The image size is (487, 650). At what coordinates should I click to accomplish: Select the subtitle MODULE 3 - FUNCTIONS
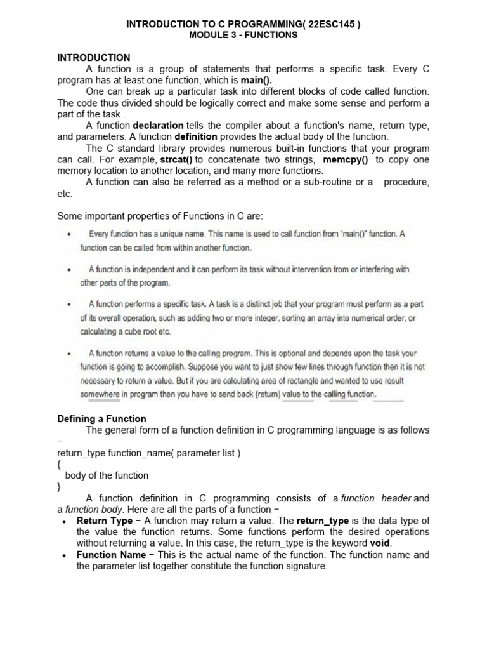point(243,35)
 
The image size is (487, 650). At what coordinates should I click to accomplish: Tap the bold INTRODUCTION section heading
point(94,58)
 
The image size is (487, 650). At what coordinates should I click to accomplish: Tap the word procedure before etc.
point(406,182)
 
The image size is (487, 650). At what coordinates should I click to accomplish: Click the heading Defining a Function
point(101,419)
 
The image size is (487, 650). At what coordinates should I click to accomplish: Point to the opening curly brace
point(59,465)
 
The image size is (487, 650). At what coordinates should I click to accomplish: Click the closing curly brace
point(59,487)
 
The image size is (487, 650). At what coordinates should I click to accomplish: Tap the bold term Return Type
point(105,521)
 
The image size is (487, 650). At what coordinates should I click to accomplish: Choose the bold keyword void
point(380,543)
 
